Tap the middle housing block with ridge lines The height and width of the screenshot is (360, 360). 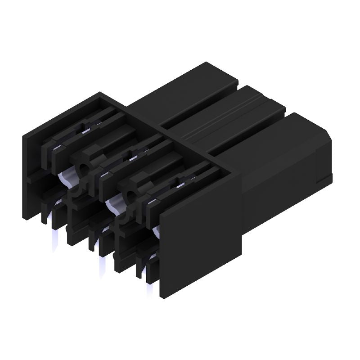(229, 117)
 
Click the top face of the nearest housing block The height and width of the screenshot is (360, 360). (270, 139)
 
